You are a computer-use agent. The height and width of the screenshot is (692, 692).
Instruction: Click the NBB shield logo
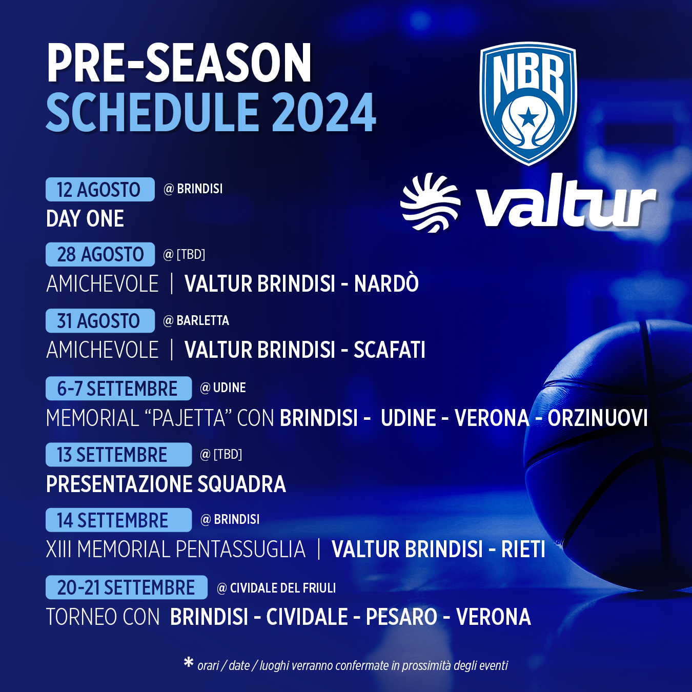(528, 104)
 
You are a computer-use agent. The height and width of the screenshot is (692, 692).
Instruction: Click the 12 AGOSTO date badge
(100, 189)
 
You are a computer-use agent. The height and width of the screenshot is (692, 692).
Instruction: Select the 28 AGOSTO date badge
(100, 254)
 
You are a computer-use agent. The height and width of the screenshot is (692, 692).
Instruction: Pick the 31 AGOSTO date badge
(100, 320)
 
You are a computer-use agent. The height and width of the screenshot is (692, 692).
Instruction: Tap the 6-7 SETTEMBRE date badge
(118, 388)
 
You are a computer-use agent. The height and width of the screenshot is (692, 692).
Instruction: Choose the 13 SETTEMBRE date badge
(118, 455)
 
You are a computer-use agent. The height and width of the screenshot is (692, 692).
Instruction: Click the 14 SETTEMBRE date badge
(118, 520)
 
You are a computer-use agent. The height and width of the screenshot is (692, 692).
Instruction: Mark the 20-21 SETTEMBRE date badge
(127, 587)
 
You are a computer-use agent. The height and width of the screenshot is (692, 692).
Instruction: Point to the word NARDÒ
(386, 283)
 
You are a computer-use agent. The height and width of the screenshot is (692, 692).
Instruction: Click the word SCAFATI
(389, 350)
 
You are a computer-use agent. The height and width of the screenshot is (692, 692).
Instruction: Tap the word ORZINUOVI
(598, 418)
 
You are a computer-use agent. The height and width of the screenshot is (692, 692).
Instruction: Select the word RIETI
(523, 549)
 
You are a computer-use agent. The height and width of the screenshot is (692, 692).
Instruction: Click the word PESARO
(401, 617)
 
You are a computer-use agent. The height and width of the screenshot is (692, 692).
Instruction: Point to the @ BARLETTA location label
(196, 320)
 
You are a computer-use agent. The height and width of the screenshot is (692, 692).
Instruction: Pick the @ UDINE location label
(223, 388)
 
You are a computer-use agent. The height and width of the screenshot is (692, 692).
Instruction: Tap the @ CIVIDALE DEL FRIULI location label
(276, 588)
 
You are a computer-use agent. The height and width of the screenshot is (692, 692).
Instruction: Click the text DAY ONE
(85, 218)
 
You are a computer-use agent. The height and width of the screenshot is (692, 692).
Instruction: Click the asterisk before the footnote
(189, 662)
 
